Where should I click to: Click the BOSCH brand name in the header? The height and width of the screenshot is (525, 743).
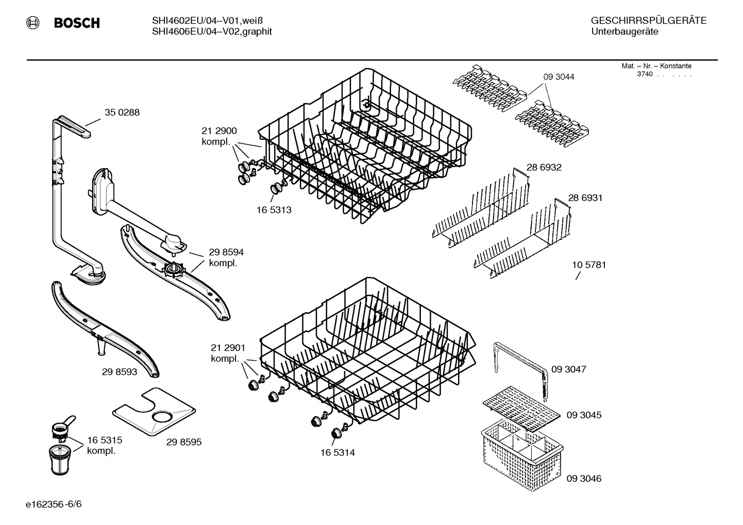76,23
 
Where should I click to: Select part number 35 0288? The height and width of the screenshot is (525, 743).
122,112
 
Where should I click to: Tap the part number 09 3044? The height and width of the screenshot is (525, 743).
559,77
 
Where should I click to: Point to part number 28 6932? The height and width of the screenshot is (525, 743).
544,167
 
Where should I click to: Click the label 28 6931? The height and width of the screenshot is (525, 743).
585,198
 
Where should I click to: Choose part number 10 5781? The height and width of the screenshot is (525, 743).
589,265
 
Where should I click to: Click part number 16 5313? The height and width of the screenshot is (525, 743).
274,210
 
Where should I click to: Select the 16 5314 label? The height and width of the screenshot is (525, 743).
337,453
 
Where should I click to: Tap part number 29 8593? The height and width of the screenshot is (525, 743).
120,371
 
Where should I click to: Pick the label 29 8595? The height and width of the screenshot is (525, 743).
184,442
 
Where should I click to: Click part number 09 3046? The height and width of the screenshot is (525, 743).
584,479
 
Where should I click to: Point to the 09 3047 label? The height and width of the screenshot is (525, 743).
568,369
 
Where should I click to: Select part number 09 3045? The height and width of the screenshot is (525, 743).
584,415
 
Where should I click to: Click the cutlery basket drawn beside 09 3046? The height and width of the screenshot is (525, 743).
520,453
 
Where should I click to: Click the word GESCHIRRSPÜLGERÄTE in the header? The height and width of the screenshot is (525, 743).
648,21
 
